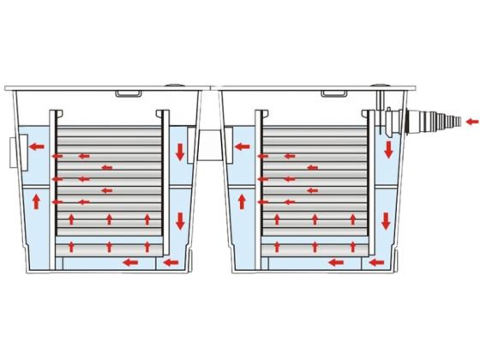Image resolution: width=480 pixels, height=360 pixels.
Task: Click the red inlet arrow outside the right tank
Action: coord(471,123)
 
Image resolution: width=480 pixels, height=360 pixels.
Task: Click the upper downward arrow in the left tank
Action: coord(180,152)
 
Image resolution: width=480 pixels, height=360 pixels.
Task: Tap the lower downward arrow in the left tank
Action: coord(180,219)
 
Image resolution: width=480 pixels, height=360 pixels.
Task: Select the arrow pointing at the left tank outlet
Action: coord(37,147)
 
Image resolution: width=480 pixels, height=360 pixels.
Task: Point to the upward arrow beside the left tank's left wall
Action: coord(37,202)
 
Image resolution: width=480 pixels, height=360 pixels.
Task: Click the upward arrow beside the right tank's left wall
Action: coord(241,202)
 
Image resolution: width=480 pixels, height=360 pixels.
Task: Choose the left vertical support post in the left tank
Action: coord(54,184)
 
